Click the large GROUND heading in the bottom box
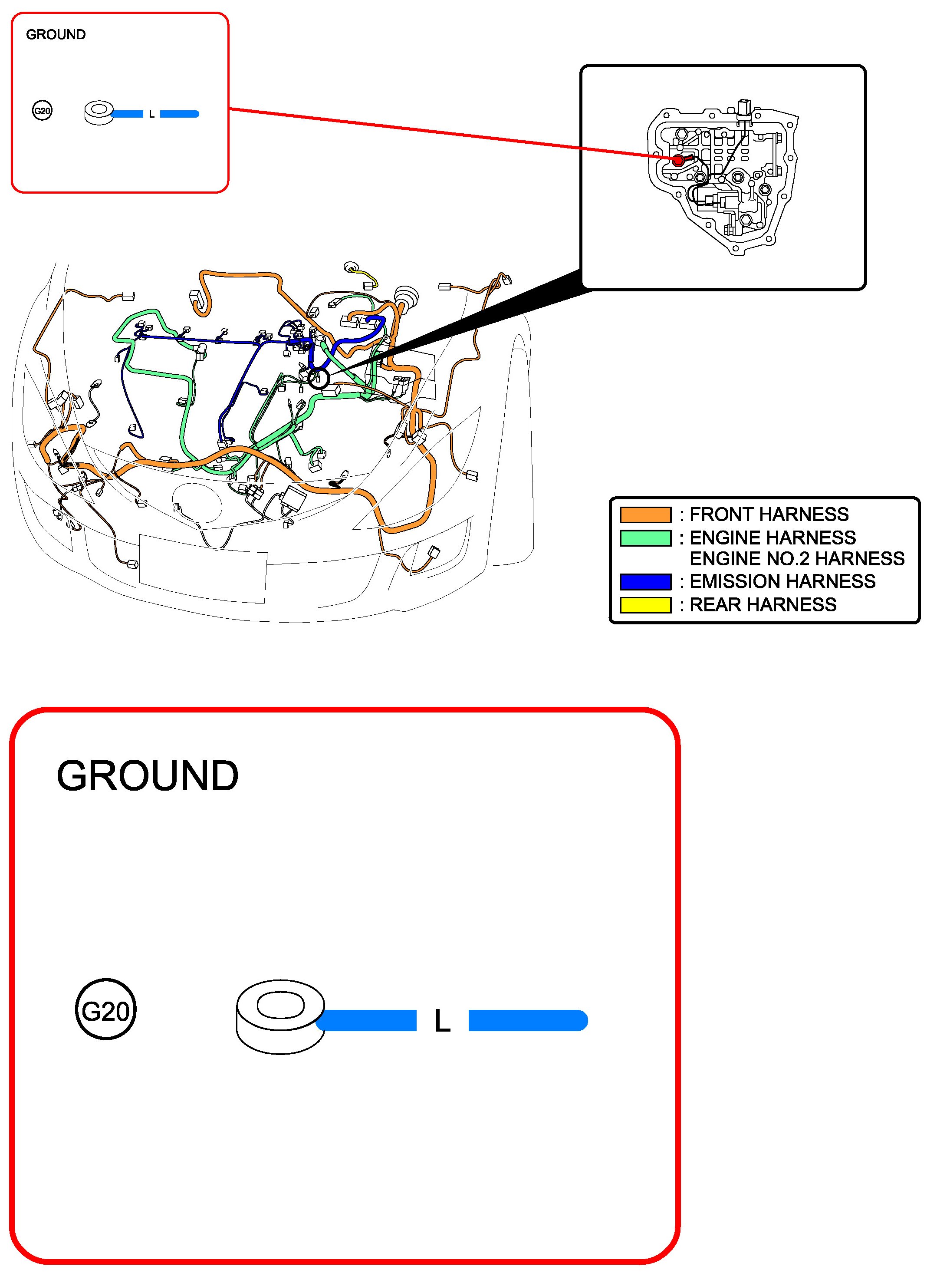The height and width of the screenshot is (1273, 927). tap(148, 776)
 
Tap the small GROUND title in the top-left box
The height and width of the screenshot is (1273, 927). tap(56, 35)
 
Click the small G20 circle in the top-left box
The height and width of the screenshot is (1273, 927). tap(42, 111)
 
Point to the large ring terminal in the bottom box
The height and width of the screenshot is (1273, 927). tap(280, 1016)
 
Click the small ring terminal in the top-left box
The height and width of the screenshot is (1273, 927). tap(99, 113)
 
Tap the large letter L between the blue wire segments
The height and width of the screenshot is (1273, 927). tap(442, 1022)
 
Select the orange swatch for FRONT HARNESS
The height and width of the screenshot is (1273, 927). tap(645, 514)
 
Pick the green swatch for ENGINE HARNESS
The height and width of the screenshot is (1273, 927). tap(645, 538)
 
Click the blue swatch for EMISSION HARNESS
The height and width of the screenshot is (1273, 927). tap(645, 581)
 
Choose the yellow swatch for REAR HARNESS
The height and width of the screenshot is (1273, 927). tap(645, 605)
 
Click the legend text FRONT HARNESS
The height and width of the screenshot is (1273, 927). tap(768, 514)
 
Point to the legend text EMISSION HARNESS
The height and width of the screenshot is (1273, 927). tap(782, 581)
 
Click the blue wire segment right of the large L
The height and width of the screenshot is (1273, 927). tap(527, 1020)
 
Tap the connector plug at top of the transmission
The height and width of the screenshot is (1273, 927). tap(743, 108)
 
